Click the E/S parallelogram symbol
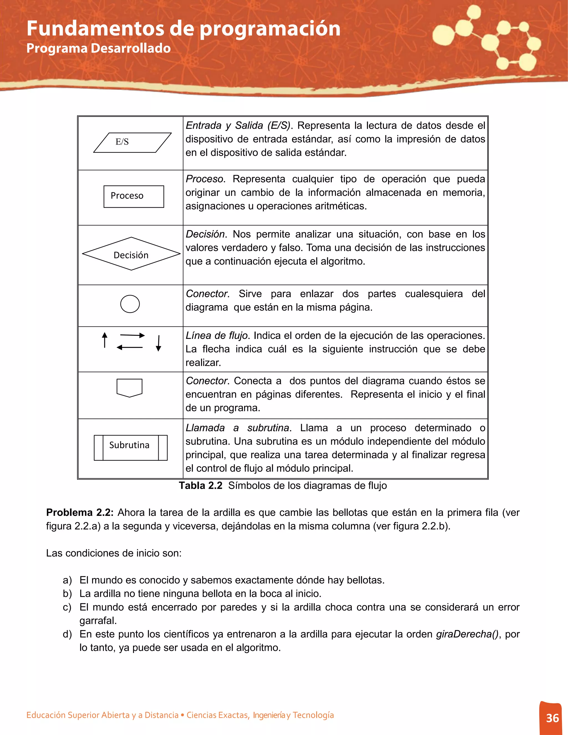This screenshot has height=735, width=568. click(x=132, y=143)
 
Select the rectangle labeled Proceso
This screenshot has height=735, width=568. click(x=134, y=197)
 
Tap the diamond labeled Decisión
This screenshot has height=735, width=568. click(x=131, y=254)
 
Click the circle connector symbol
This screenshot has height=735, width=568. click(x=130, y=304)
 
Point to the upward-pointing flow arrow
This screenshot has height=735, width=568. click(x=105, y=340)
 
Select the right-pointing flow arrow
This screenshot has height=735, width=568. click(x=132, y=335)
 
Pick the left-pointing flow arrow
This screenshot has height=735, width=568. click(x=130, y=347)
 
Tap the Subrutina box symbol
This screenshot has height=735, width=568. click(x=131, y=448)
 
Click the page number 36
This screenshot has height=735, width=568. click(x=552, y=718)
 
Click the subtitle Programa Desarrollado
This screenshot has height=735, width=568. click(x=98, y=48)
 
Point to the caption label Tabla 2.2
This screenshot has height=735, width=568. click(x=201, y=486)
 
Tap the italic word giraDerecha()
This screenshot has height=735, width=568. click(x=467, y=634)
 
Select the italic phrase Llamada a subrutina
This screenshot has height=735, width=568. click(x=237, y=428)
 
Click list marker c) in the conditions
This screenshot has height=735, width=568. click(x=67, y=607)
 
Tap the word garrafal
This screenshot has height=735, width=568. click(x=98, y=620)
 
